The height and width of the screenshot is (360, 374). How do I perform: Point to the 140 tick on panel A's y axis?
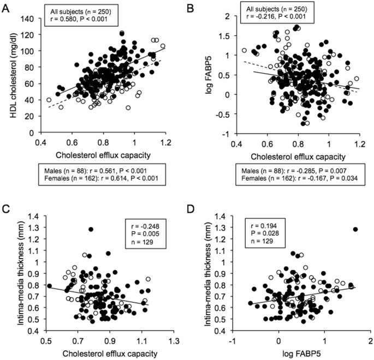pyautogui.click(x=34, y=19)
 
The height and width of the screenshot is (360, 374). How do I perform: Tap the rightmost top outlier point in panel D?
pyautogui.click(x=355, y=214)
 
